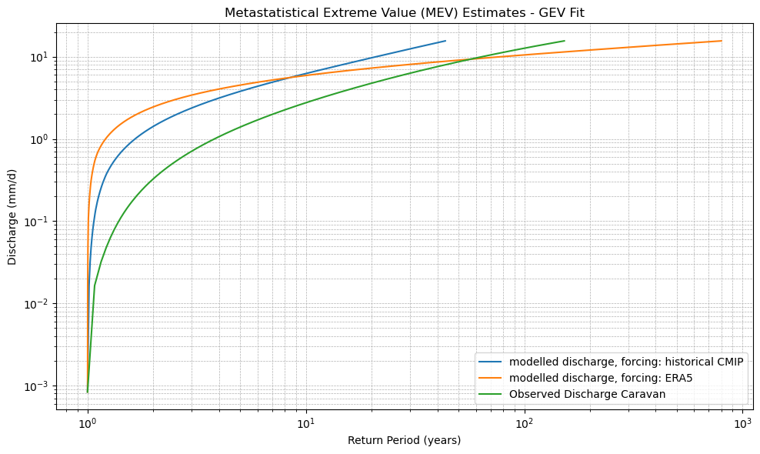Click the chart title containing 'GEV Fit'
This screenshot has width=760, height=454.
pyautogui.click(x=404, y=12)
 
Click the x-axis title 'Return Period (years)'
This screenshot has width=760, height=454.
pyautogui.click(x=404, y=440)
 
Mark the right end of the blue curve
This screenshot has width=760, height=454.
pyautogui.click(x=445, y=41)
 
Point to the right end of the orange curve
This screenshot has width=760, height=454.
pyautogui.click(x=722, y=41)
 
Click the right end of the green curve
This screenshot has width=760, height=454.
pyautogui.click(x=564, y=41)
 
